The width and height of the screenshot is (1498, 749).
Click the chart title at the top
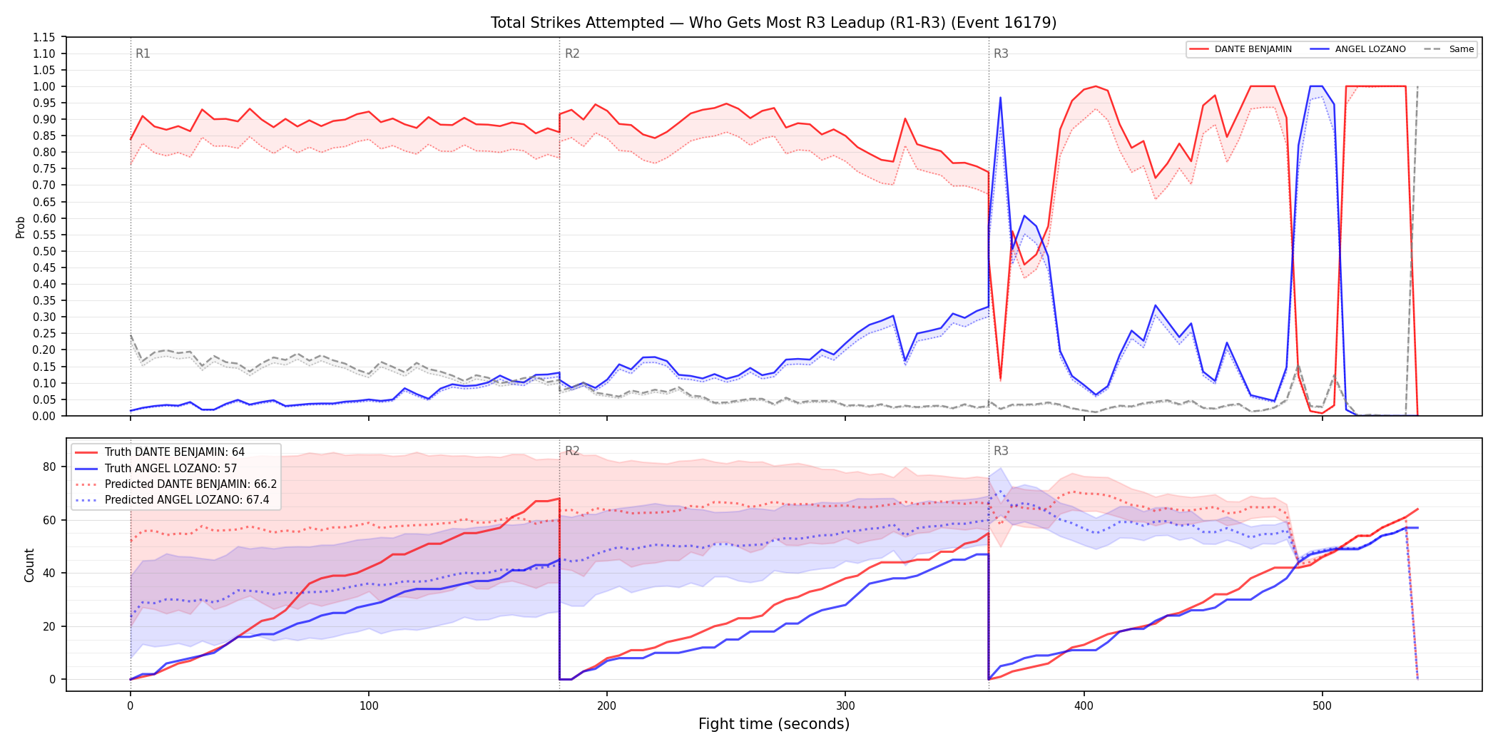click(x=773, y=23)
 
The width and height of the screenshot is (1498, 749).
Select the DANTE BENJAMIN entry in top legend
click(x=1240, y=49)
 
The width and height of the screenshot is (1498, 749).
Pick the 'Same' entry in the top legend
click(x=1449, y=49)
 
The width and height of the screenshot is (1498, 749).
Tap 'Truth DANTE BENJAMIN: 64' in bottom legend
click(x=160, y=452)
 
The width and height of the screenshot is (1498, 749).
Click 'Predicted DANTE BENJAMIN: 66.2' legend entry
click(x=175, y=484)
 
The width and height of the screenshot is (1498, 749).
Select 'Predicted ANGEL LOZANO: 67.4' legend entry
click(x=172, y=499)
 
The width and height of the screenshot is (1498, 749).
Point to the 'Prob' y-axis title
click(x=21, y=227)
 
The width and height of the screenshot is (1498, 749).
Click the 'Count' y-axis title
click(x=29, y=565)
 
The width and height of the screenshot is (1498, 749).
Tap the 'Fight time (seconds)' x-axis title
click(x=774, y=724)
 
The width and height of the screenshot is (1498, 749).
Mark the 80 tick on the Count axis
click(x=49, y=467)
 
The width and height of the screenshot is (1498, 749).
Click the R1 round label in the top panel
click(x=143, y=53)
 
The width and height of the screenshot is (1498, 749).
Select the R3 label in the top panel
click(x=1001, y=53)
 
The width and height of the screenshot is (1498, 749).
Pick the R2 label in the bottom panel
click(x=572, y=451)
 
